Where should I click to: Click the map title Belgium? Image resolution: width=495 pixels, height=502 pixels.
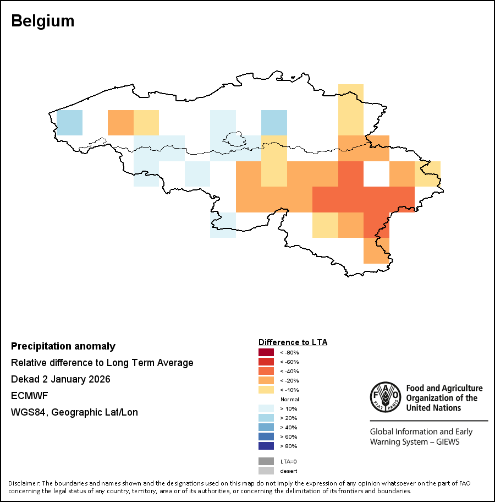42,21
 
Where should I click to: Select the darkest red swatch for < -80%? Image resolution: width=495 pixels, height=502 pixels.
266,352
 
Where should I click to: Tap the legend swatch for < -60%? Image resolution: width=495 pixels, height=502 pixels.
266,362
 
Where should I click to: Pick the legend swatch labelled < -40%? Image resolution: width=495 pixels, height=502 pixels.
266,371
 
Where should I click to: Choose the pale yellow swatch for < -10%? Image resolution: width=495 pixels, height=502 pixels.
266,390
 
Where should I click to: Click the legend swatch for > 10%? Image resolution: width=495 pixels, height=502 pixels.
266,408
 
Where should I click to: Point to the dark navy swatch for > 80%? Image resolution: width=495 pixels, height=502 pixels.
266,446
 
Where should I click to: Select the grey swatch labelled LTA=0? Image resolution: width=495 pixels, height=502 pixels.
266,461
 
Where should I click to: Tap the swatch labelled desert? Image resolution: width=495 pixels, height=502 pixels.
266,471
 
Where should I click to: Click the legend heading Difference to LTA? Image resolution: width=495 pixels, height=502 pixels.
293,342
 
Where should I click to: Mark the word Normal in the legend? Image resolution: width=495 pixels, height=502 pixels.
289,399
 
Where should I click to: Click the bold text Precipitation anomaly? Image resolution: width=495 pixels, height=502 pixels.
63,346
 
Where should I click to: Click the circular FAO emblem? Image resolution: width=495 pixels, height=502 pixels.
385,397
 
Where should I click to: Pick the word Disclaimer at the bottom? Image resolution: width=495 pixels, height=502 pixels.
24,483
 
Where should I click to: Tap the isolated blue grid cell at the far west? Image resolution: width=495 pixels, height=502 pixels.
69,122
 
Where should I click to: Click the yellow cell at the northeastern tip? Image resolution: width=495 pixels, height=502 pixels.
350,97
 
